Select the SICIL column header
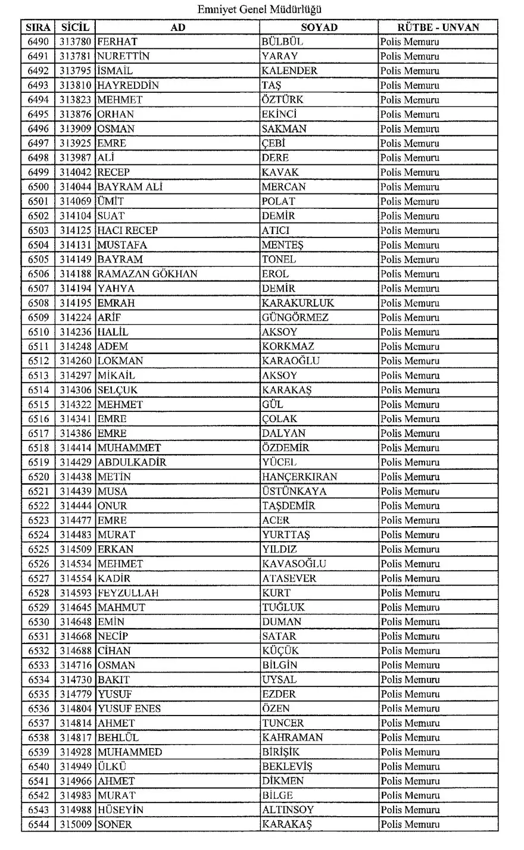coord(75,27)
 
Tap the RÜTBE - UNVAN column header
coord(438,27)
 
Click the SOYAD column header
coord(319,27)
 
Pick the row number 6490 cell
coord(39,42)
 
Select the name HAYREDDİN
coord(128,85)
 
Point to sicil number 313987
coord(75,158)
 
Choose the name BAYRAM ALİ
coord(130,187)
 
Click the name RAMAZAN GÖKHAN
coord(147,274)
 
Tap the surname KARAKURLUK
coord(298,303)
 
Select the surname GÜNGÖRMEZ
coord(295,317)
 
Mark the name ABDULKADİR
coord(132,462)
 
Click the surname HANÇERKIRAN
coord(299,477)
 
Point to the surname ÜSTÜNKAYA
coord(294,491)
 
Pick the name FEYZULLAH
coord(128,593)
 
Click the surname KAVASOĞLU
coord(294,564)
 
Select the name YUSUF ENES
coord(129,709)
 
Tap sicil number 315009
coord(75,824)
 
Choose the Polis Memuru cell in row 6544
coord(410,824)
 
